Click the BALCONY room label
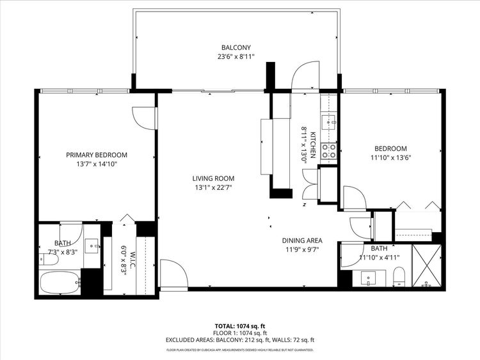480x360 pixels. [236, 47]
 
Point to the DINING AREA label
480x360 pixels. [302, 240]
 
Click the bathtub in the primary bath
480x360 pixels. [59, 281]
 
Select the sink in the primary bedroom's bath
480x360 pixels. [92, 245]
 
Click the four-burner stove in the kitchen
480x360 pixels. [329, 151]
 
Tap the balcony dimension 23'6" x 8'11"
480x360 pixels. [236, 56]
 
